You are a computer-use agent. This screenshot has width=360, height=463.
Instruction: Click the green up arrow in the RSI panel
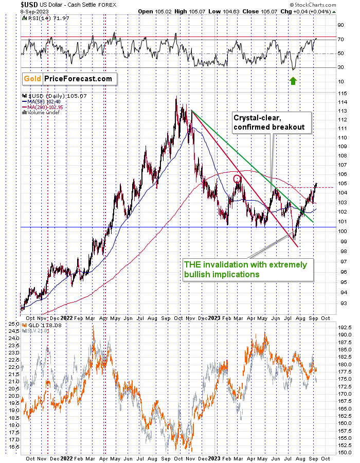coord(293,80)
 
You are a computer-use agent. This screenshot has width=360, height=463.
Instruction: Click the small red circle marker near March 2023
coord(237,179)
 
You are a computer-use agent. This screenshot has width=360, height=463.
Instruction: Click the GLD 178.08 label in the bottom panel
coord(42,325)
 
